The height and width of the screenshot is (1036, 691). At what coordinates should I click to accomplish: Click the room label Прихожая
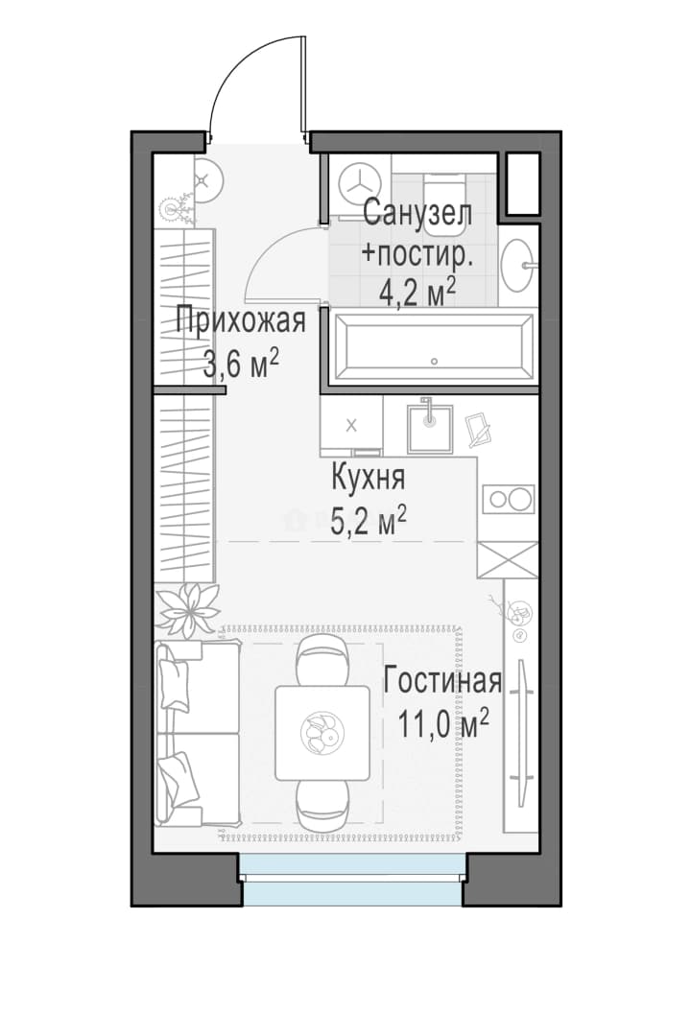241,322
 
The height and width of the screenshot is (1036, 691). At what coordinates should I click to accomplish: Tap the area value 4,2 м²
417,293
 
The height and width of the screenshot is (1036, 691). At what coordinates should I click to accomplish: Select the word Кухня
368,479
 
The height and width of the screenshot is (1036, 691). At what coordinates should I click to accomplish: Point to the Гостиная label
442,681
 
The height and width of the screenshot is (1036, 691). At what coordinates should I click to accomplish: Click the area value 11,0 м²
443,725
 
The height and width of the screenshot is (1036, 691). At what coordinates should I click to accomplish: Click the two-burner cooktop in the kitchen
509,500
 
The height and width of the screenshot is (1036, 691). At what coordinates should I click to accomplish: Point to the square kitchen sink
430,427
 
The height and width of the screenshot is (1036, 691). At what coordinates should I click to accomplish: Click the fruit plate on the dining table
322,733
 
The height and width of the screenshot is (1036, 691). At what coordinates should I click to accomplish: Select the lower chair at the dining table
322,804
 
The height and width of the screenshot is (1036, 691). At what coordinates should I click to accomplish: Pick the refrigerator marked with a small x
351,425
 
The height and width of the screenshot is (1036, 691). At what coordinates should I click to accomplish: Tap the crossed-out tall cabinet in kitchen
507,559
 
